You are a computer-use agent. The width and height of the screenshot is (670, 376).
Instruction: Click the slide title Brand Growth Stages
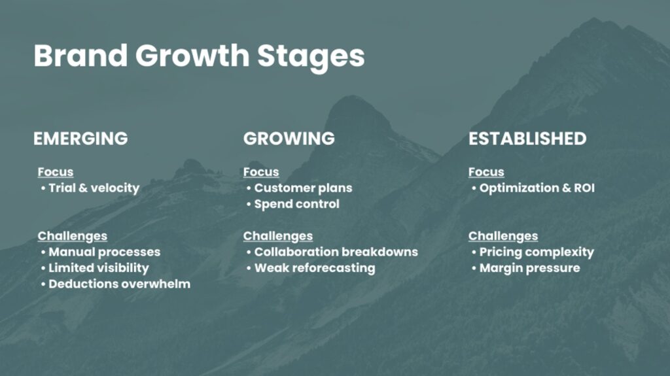pos(199,56)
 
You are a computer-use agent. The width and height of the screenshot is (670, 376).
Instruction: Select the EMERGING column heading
pos(80,139)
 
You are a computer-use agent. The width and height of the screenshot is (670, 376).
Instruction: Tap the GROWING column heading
pos(289,139)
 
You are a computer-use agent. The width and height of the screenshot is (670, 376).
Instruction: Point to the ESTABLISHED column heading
pos(527,139)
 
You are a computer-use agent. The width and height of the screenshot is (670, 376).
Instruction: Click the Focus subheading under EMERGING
pos(56,172)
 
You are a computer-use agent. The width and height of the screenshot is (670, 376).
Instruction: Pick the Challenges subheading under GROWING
pos(278,236)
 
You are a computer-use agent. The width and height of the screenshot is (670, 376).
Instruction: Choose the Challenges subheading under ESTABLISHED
pos(503,236)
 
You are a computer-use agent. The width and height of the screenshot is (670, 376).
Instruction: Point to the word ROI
pos(584,188)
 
